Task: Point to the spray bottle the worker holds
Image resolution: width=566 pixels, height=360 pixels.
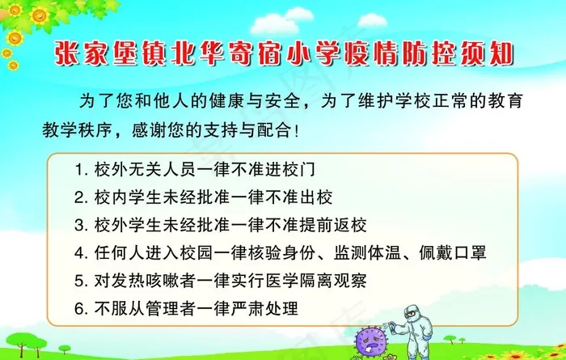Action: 393,327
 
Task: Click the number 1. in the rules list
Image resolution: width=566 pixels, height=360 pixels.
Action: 80,172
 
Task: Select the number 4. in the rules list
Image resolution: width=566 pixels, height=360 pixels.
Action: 80,252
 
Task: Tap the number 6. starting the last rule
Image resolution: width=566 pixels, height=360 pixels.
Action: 80,307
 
